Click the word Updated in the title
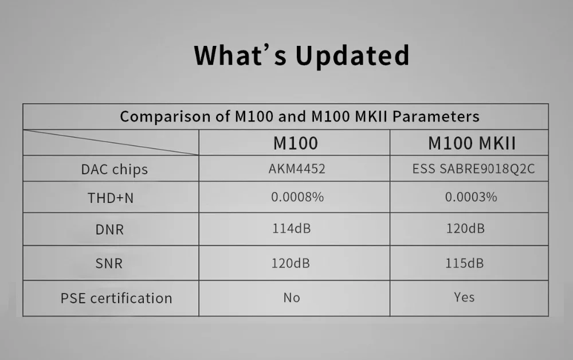(x=352, y=56)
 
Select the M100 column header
(x=295, y=143)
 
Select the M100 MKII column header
(x=472, y=143)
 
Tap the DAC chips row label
(x=114, y=169)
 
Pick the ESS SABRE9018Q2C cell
(x=473, y=169)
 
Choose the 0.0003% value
(x=470, y=197)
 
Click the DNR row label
(x=109, y=230)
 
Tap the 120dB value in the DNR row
(x=465, y=229)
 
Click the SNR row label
(x=109, y=264)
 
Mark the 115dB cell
(x=464, y=264)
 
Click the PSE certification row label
(x=116, y=298)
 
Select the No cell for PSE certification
(x=291, y=298)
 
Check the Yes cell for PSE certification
(x=464, y=297)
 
